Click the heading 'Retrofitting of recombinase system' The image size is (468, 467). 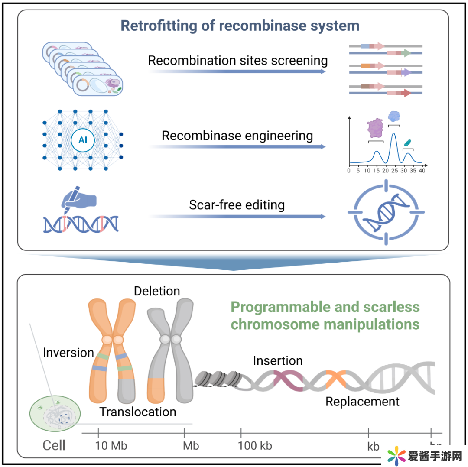240,26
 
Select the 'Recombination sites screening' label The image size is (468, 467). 237,60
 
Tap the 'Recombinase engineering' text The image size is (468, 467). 237,136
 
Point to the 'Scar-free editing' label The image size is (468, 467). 237,204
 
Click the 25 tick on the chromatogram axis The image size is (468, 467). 394,171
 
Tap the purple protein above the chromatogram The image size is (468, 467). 375,129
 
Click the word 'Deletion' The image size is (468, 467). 157,291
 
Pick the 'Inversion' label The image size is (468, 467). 68,353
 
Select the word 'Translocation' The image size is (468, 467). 138,412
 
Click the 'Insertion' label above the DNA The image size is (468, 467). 278,360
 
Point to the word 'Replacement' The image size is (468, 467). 362,402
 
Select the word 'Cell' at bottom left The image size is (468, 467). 54,445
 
